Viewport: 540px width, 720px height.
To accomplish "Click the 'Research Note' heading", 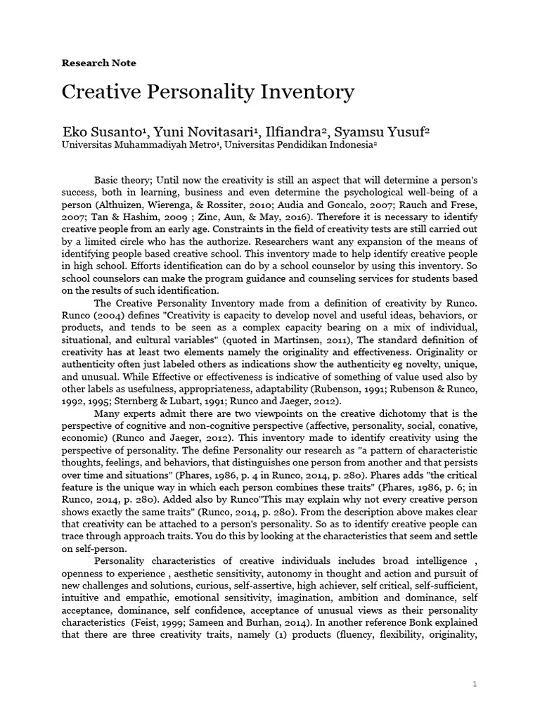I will tap(99, 63).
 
